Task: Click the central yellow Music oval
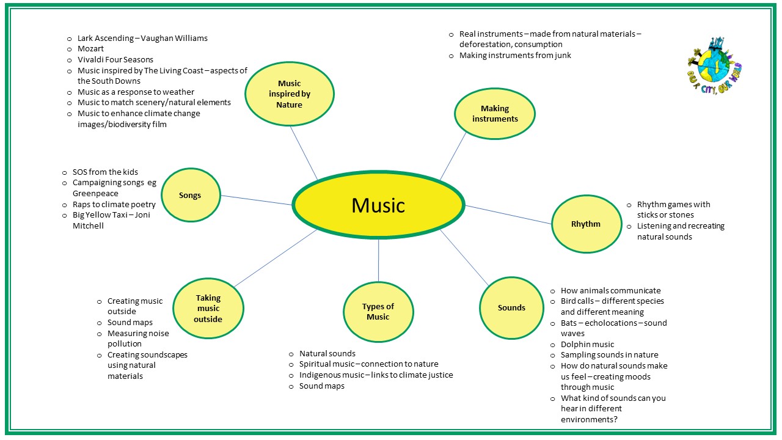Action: [x=378, y=205]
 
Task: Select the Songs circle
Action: [x=190, y=196]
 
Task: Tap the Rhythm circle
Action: [x=585, y=224]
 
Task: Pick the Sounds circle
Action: [x=511, y=308]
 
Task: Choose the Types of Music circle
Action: [x=378, y=312]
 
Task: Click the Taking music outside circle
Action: [x=208, y=309]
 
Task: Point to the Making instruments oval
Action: [x=494, y=114]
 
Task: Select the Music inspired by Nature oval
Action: [x=290, y=94]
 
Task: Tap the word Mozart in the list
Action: [x=90, y=49]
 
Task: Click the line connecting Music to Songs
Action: [x=257, y=200]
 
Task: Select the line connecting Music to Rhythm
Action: [x=508, y=215]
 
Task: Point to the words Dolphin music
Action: [x=587, y=345]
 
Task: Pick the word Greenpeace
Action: [x=97, y=194]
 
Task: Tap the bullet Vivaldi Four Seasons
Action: [x=115, y=60]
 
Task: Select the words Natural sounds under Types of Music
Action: [x=327, y=354]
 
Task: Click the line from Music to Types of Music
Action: [x=379, y=260]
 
